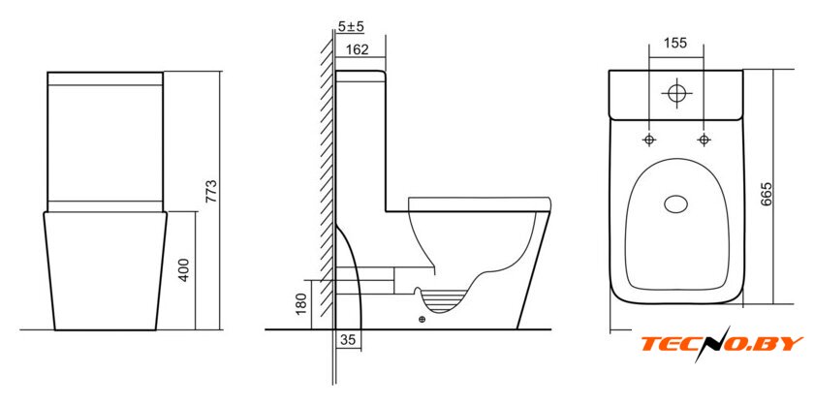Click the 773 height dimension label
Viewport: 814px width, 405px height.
[212, 191]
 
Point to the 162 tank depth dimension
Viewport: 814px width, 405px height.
[357, 49]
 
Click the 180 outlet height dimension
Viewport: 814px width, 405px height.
[303, 305]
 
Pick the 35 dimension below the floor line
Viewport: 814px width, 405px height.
[348, 340]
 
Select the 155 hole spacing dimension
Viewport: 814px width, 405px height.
[676, 43]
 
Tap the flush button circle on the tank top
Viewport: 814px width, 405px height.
[676, 93]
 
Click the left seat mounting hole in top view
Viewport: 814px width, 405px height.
[649, 140]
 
